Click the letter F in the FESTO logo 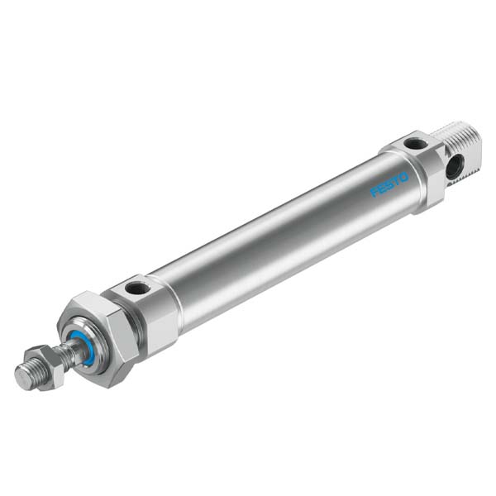(374, 192)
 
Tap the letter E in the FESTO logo (381, 188)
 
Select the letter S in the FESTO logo (389, 184)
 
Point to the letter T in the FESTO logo (396, 180)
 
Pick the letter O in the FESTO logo (404, 178)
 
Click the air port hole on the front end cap (137, 288)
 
